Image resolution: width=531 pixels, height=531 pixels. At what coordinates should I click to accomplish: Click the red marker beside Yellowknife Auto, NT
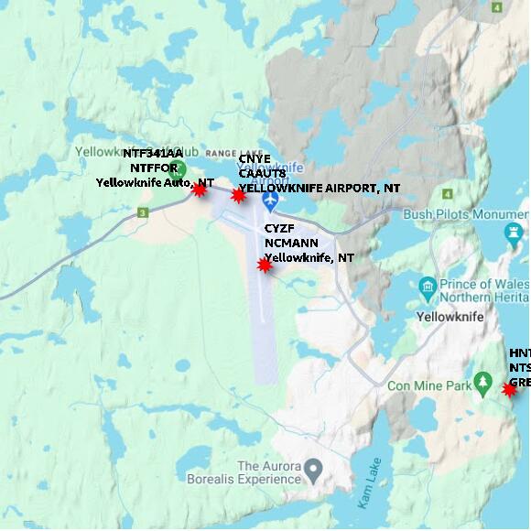coord(199,190)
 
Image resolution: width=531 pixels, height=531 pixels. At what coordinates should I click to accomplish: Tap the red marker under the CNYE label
coord(238,195)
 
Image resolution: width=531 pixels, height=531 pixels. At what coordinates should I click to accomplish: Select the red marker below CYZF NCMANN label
coord(265,265)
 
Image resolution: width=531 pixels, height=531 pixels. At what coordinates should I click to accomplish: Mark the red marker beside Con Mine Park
coord(510,389)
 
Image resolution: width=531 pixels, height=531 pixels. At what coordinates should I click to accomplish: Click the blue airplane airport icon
coord(269,199)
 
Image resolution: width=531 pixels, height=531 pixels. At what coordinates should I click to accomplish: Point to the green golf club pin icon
coord(179,168)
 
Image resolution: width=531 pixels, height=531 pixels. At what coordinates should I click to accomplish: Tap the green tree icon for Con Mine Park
coord(483,385)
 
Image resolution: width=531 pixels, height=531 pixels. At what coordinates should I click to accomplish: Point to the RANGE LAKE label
coord(233,152)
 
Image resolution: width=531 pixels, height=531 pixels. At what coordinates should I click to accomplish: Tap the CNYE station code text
coord(255,159)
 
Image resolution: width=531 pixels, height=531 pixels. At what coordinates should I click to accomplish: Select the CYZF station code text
coord(279,228)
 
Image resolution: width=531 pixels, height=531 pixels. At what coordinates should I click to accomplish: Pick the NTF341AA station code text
coord(153,154)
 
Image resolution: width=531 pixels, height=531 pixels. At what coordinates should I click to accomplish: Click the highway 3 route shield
coord(143,213)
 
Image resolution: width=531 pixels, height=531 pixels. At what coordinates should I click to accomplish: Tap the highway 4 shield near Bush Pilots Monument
coord(447,194)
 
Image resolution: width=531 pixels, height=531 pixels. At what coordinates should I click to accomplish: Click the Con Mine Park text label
coord(428,385)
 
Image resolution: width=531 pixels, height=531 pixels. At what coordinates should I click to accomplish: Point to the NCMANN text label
coord(290,244)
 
